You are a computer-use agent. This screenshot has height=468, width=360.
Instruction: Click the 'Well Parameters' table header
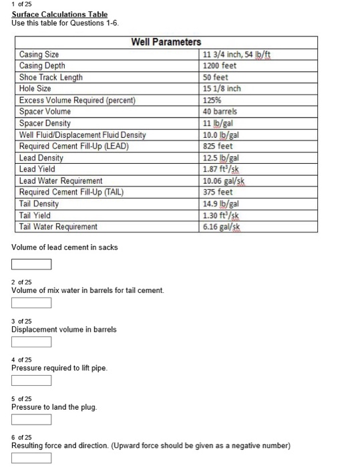[166, 42]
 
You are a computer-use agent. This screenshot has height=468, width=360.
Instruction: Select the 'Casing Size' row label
[39, 54]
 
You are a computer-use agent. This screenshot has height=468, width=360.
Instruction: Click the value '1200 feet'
[220, 66]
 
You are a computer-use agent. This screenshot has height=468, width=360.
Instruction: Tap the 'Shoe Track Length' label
[51, 78]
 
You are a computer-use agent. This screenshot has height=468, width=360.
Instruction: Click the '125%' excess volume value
[212, 100]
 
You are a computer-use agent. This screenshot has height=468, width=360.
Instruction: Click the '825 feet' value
[218, 146]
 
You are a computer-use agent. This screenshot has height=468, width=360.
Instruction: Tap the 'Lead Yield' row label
[39, 170]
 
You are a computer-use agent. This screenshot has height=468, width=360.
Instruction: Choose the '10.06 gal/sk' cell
[224, 181]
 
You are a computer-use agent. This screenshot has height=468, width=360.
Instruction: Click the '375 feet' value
[218, 193]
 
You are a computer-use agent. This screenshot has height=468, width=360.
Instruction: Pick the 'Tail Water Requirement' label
[58, 227]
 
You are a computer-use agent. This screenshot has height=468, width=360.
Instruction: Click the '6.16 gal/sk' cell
[222, 227]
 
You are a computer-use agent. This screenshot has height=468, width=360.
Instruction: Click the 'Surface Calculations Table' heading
[59, 14]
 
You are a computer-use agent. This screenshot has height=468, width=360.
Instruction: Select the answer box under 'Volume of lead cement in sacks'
[31, 263]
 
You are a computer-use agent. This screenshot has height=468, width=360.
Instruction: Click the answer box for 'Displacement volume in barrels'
[31, 342]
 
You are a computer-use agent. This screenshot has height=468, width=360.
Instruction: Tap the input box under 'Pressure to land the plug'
[31, 420]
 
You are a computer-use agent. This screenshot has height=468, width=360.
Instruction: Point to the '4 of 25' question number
[21, 360]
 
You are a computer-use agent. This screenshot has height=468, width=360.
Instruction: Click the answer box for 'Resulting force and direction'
[31, 459]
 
